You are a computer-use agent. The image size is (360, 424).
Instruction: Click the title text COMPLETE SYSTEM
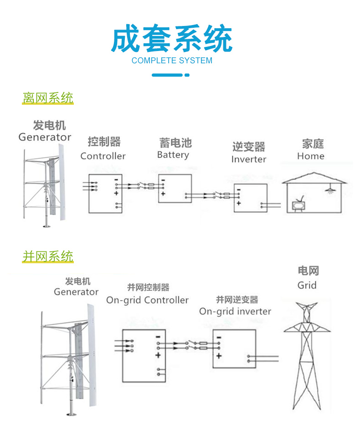point(172,61)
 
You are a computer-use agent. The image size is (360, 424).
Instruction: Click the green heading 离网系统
point(48,98)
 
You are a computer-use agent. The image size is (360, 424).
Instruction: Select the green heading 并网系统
point(48,256)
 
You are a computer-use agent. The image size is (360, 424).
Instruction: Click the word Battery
point(173,155)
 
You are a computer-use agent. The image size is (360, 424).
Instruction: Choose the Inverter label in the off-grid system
point(248,159)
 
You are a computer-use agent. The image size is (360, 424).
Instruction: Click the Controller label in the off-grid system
point(103,156)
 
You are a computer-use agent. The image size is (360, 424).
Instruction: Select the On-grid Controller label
point(147,300)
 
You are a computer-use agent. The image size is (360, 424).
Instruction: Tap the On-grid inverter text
point(235,312)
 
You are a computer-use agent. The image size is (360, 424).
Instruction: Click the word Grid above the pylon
point(307,286)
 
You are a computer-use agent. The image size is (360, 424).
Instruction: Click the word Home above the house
point(311,156)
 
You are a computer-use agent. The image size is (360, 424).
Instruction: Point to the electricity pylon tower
point(306,355)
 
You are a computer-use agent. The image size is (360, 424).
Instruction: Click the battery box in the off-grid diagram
point(175,189)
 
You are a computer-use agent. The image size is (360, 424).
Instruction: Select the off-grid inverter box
point(250,198)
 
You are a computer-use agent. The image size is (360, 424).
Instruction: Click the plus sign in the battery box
point(163,194)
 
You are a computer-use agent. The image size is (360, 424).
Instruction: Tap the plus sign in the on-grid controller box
point(158,355)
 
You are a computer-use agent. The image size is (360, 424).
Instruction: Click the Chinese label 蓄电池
point(175,143)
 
